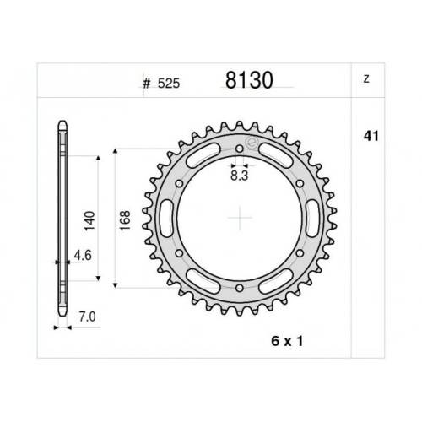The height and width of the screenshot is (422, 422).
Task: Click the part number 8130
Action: coord(249,80)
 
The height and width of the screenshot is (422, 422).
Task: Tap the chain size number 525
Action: coord(169,84)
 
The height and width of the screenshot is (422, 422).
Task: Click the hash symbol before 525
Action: coord(147,84)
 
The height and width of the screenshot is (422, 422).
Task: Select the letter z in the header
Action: coord(366,79)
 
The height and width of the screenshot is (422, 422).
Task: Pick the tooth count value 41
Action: coord(371,136)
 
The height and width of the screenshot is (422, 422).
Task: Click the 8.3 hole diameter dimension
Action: coord(240,176)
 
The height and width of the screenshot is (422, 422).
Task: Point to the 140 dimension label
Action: coord(89,220)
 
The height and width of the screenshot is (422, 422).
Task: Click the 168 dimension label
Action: coord(125,220)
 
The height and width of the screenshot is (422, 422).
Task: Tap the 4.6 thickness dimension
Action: coord(83,255)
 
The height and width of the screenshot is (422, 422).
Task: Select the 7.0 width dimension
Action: coord(87,317)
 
